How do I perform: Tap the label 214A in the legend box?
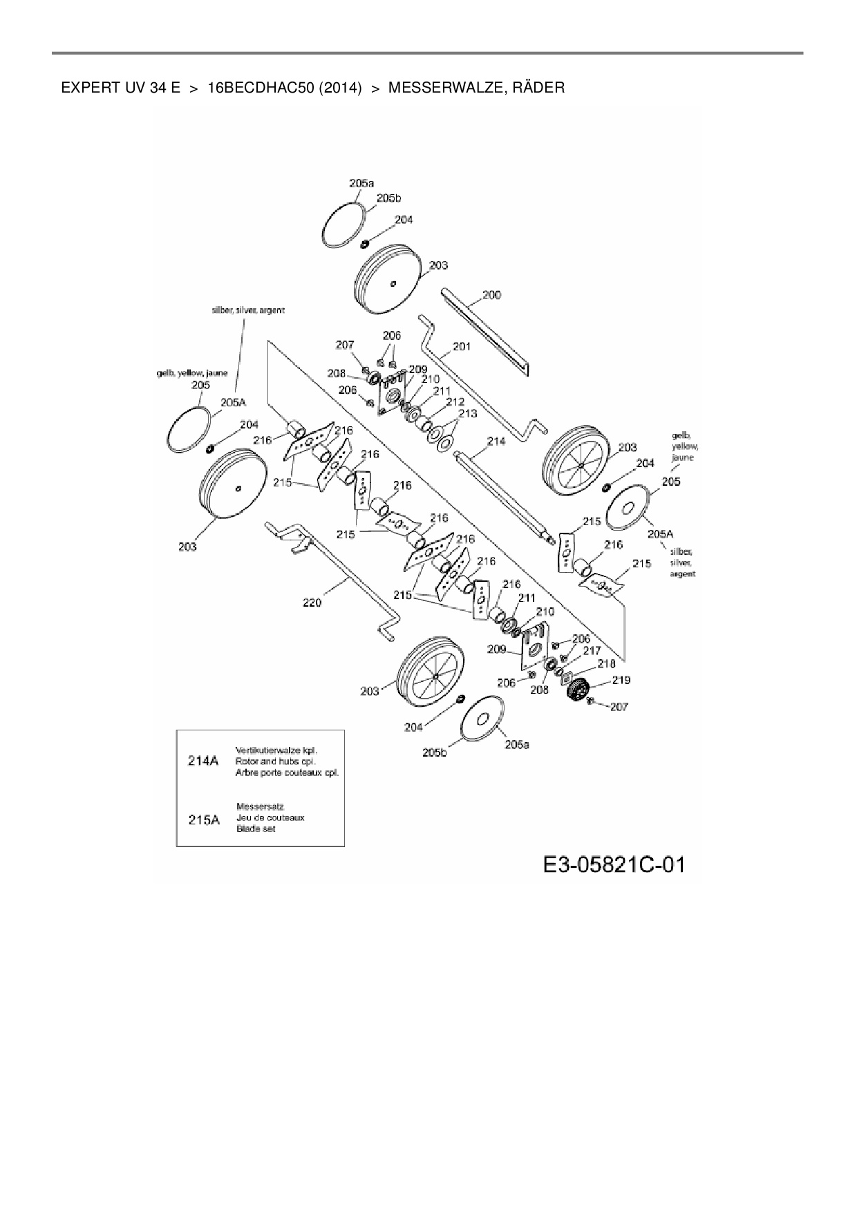(203, 761)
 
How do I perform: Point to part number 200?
(491, 295)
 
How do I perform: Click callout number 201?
(461, 346)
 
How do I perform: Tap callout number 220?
(312, 603)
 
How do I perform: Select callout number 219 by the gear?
(621, 680)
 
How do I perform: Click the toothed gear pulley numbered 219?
(576, 690)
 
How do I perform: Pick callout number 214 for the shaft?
(496, 441)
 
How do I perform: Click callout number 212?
(455, 401)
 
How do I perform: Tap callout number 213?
(468, 413)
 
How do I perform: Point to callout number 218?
(606, 663)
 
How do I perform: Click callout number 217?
(592, 651)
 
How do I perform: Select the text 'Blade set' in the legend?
(256, 828)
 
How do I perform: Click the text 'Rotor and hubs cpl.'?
(275, 761)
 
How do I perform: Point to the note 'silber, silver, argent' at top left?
(248, 310)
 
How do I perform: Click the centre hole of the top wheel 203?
(393, 283)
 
